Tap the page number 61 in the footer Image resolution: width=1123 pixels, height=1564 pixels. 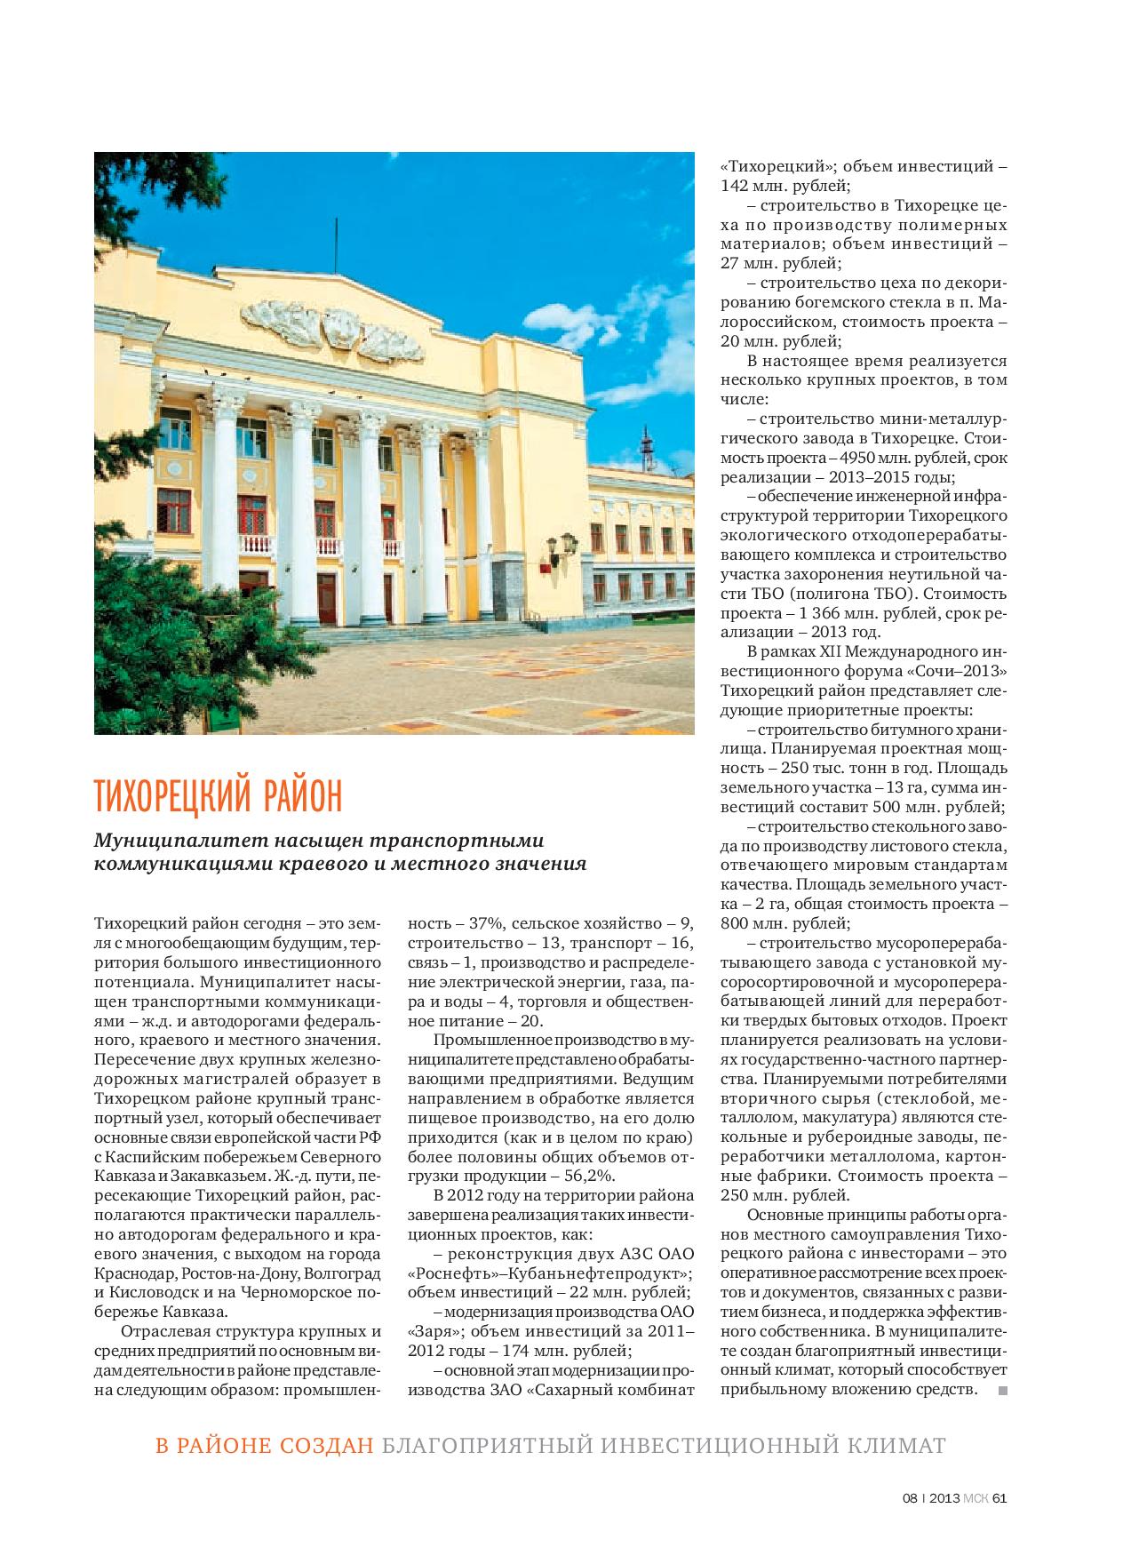coord(999,1496)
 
